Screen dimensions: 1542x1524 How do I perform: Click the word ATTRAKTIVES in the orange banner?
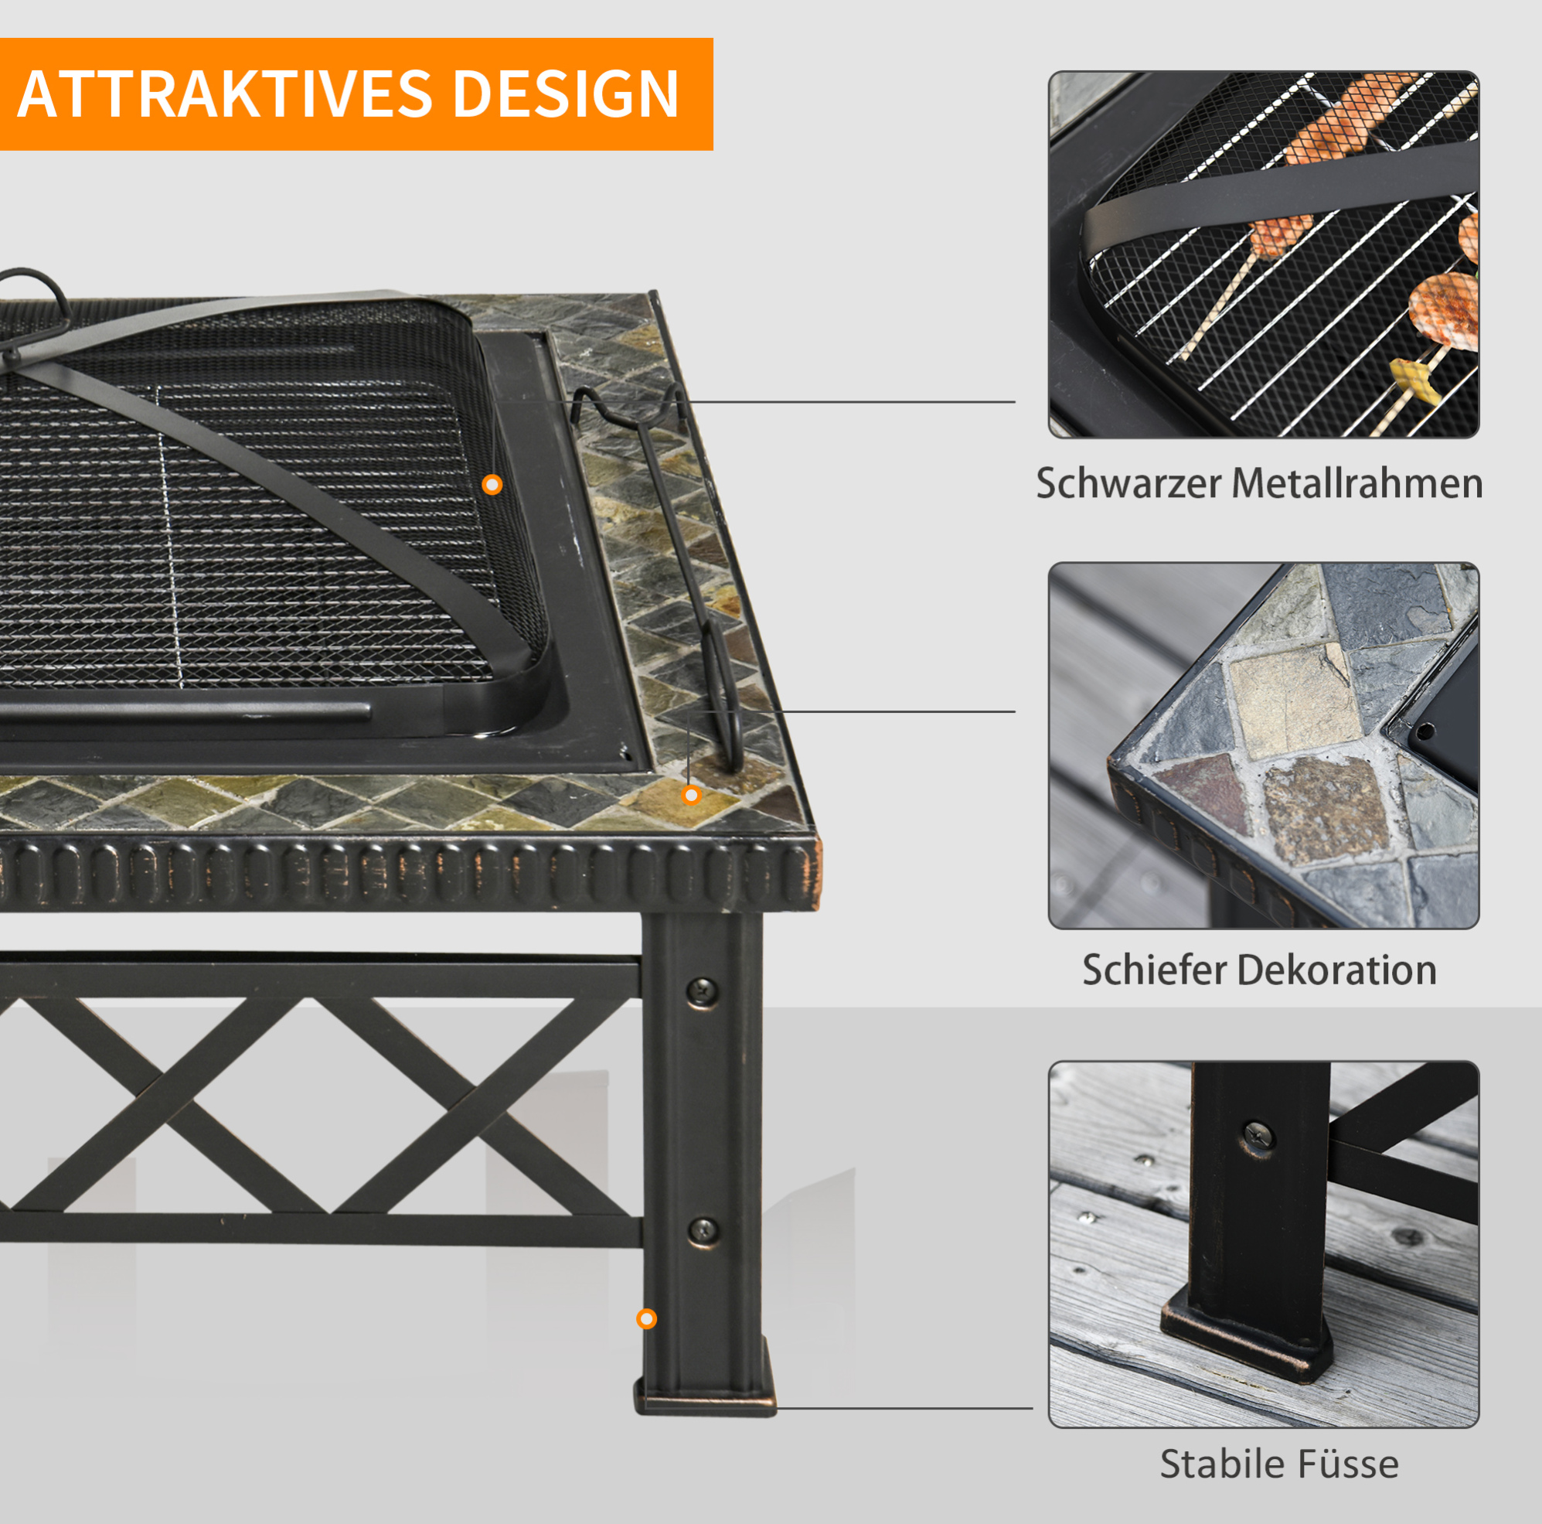225,94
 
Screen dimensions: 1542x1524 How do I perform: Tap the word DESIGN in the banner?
566,94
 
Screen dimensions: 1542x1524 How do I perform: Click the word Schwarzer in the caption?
1128,484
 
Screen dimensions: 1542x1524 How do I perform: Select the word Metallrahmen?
1356,484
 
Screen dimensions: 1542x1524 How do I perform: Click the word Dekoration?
1337,970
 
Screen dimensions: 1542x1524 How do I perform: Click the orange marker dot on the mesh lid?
492,485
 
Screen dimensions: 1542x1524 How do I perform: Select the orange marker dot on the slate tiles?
691,795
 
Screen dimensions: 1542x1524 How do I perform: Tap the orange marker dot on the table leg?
646,1319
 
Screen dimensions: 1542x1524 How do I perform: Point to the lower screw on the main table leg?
703,1232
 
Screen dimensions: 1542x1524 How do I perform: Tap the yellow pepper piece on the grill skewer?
1414,380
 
